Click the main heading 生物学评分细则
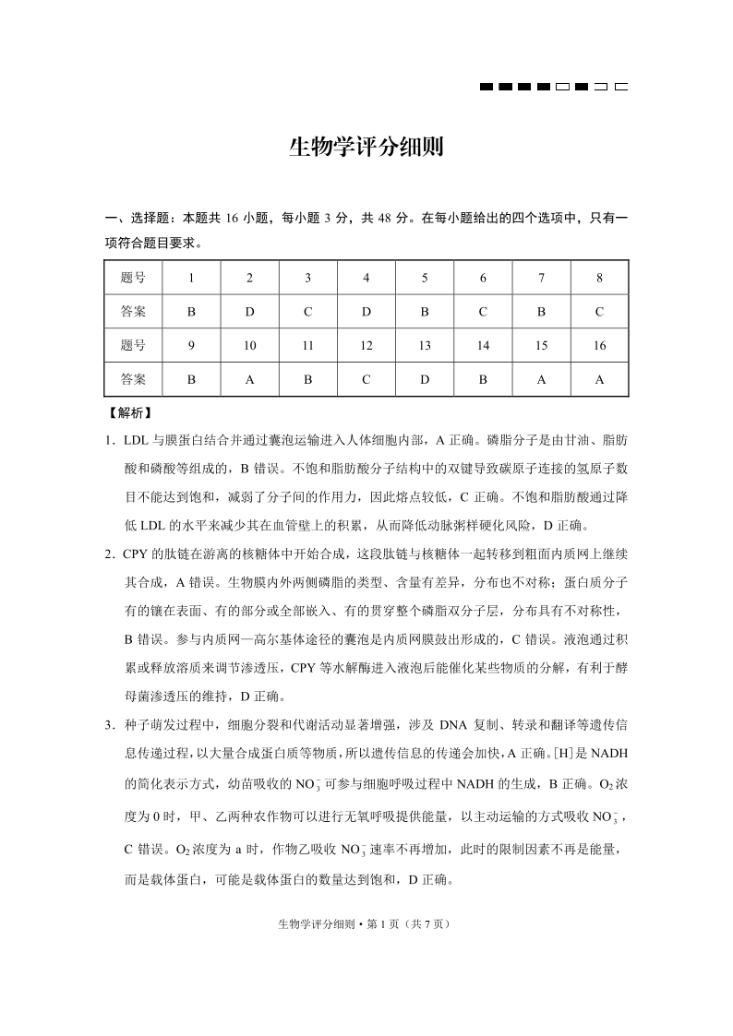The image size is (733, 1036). click(x=366, y=148)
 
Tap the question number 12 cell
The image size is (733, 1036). click(x=366, y=345)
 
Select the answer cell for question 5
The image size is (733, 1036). click(x=425, y=311)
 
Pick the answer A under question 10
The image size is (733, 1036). click(x=249, y=379)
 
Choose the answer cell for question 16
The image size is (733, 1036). click(x=599, y=379)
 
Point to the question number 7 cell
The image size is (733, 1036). click(x=541, y=277)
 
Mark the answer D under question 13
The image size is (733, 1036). click(x=425, y=379)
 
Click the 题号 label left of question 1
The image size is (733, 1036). click(x=133, y=277)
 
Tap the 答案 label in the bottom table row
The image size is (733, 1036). click(x=133, y=379)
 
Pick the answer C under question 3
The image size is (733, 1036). click(x=307, y=311)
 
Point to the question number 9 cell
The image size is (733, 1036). click(x=191, y=345)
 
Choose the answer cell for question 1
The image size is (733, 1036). click(x=191, y=311)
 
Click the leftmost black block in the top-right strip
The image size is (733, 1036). click(x=487, y=88)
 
